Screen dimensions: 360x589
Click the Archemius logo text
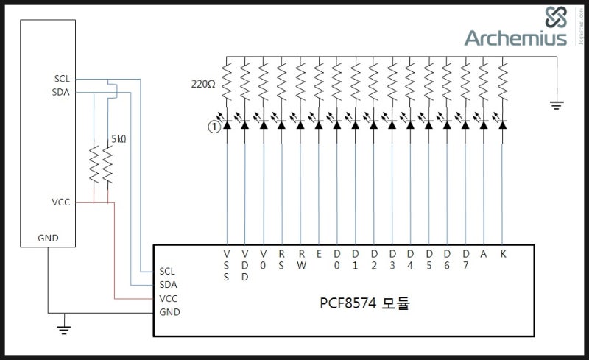coord(515,38)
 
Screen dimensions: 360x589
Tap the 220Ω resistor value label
coord(203,84)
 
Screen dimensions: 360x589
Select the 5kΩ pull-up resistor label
coord(119,138)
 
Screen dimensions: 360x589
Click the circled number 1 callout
coord(214,127)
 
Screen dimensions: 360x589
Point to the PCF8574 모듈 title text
coord(364,303)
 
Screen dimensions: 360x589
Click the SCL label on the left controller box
coord(62,78)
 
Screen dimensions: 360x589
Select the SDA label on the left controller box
coord(62,92)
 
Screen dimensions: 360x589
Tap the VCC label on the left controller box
coord(61,202)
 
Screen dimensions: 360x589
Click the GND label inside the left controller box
coord(48,239)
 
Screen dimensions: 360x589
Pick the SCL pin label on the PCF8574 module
coord(168,270)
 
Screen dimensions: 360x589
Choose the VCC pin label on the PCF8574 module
coord(168,298)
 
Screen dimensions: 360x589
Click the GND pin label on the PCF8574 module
coord(169,312)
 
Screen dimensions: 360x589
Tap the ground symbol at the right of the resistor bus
coord(557,105)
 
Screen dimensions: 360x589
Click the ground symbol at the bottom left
coord(65,328)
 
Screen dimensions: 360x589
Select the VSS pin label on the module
coord(227,265)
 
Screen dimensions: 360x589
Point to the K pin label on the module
coord(502,253)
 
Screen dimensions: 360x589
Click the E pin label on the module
coord(319,253)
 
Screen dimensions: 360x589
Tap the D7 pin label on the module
coord(465,259)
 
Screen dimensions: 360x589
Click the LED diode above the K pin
coord(502,125)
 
